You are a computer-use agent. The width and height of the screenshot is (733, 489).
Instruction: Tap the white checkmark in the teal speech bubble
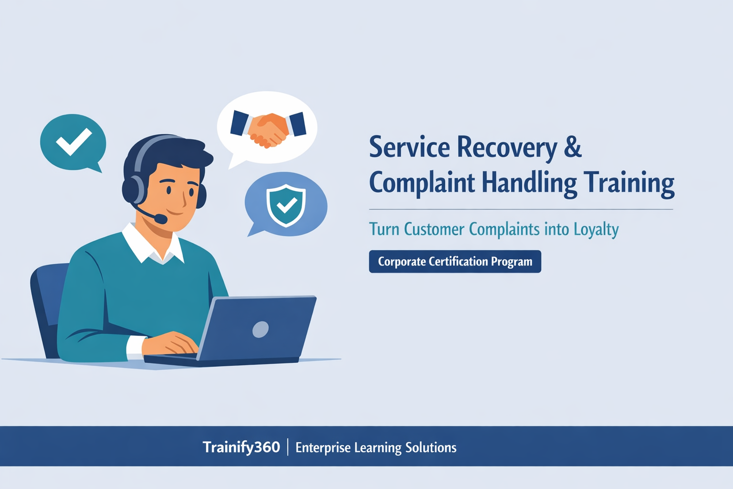[73, 141]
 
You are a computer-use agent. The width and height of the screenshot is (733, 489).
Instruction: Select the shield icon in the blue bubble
[286, 205]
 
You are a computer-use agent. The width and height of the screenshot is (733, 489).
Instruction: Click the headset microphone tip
[162, 219]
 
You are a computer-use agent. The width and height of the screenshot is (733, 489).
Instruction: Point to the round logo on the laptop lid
[260, 329]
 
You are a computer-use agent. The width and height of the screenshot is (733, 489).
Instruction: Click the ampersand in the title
[572, 147]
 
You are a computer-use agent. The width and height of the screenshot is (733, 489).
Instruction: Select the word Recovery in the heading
[507, 148]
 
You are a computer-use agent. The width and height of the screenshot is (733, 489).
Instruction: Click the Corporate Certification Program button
[455, 262]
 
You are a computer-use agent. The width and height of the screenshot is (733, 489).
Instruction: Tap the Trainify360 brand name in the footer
[241, 447]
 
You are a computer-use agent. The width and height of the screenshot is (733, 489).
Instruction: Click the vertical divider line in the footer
[288, 447]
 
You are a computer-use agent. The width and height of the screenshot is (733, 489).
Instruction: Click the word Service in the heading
[409, 147]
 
